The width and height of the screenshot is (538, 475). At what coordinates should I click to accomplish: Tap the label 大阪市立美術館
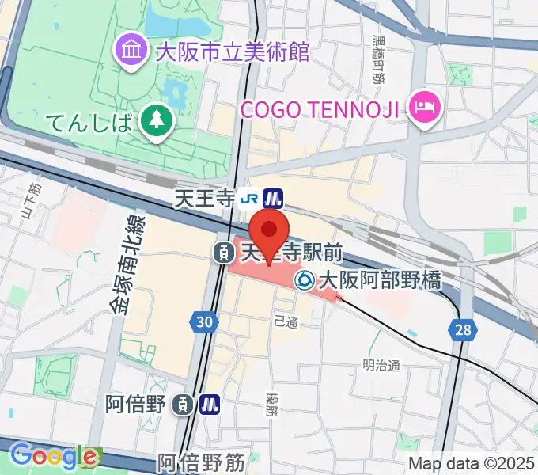coord(232,52)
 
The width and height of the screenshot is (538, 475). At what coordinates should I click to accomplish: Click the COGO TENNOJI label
coord(320,108)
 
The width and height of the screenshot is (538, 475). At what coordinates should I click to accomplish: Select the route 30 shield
coord(203,321)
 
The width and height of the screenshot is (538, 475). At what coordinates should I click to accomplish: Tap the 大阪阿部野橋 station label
coord(378,279)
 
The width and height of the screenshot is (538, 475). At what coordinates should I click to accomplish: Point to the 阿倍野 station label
coord(137,405)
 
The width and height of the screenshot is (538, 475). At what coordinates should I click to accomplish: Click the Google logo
coord(53,455)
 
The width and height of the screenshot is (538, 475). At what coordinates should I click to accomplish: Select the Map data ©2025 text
coord(472,463)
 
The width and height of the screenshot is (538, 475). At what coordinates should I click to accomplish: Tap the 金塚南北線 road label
coord(124,264)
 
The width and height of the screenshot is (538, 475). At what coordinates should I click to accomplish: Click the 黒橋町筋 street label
coord(379,59)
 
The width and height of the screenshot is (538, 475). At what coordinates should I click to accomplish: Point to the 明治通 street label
coord(381,365)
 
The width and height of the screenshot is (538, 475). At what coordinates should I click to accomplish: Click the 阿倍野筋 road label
coord(201,462)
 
